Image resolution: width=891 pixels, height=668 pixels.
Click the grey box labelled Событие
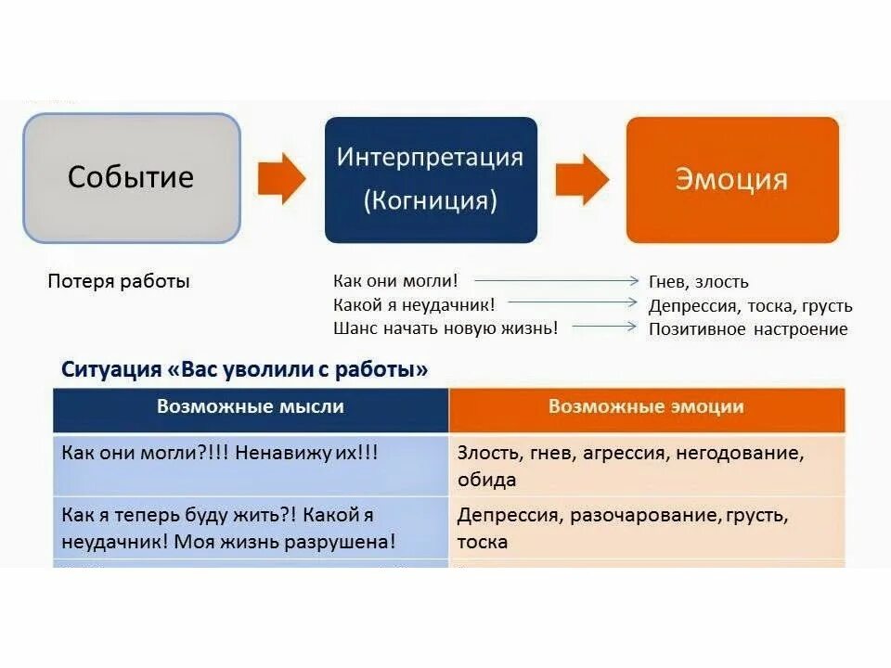(x=131, y=177)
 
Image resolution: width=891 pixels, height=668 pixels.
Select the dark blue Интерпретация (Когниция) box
(x=431, y=179)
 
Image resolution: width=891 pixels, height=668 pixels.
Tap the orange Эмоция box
(x=732, y=179)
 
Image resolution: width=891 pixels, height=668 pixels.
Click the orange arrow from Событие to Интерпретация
(x=281, y=177)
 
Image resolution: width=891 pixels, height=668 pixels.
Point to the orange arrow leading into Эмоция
(x=582, y=177)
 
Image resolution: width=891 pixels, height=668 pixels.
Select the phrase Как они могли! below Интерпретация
(x=395, y=280)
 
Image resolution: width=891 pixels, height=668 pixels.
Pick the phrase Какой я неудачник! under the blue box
(x=414, y=304)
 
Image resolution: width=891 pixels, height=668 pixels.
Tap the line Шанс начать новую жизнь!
(x=445, y=328)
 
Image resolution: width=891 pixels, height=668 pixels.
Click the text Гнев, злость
(x=699, y=282)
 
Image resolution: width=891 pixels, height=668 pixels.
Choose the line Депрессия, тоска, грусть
(x=750, y=305)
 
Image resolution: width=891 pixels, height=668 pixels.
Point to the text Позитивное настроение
(x=748, y=328)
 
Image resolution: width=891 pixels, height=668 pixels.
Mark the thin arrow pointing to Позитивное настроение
(x=605, y=327)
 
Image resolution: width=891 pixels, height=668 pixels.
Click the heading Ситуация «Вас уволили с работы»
(x=245, y=369)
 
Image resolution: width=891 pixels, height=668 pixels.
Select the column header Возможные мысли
(x=251, y=406)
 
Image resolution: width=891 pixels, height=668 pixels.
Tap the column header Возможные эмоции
(x=646, y=406)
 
